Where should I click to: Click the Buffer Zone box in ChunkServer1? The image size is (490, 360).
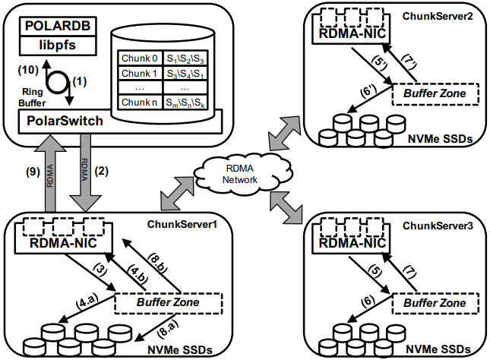coord(167,303)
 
